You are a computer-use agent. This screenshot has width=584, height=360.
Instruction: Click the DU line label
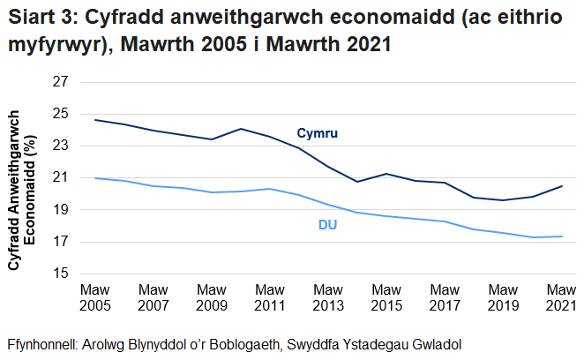pyautogui.click(x=328, y=225)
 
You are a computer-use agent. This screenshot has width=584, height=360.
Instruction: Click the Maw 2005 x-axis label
pyautogui.click(x=95, y=297)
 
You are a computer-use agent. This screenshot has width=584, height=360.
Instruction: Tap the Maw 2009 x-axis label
pyautogui.click(x=212, y=297)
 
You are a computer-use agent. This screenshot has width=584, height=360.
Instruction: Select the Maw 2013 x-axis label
pyautogui.click(x=328, y=297)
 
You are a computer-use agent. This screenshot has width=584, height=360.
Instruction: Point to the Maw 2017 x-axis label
pyautogui.click(x=445, y=297)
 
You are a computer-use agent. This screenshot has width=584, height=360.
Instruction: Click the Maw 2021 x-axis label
pyautogui.click(x=561, y=297)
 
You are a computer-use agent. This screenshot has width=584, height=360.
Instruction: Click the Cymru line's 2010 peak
pyautogui.click(x=241, y=129)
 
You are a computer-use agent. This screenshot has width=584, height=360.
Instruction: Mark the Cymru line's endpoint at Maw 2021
pyautogui.click(x=562, y=186)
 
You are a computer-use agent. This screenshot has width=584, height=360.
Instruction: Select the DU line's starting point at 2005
pyautogui.click(x=95, y=178)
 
